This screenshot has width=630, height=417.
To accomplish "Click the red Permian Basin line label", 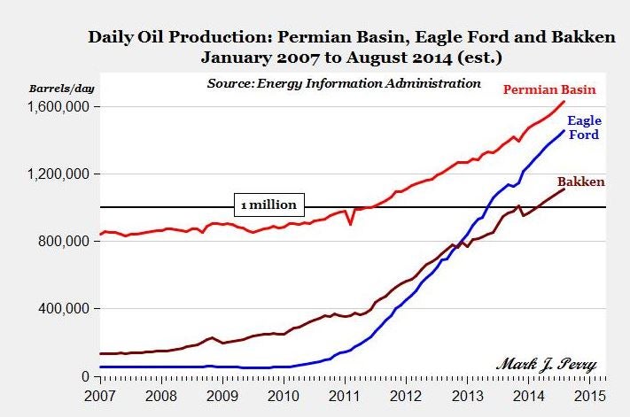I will (x=549, y=89).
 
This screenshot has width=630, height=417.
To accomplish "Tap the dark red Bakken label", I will (x=580, y=181).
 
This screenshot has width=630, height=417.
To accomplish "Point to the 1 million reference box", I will (x=269, y=205).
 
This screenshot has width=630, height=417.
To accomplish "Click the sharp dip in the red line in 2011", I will (x=351, y=224).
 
